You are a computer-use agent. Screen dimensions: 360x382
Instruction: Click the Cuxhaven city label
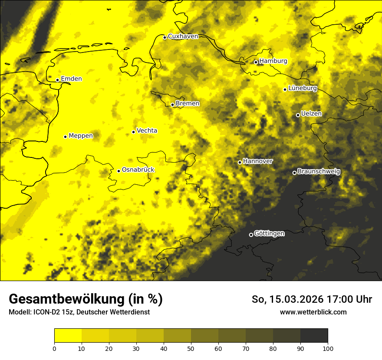tap(183, 36)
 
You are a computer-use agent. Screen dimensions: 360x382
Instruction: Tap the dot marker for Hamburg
tap(256, 62)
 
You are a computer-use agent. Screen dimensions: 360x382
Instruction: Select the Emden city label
tap(71, 79)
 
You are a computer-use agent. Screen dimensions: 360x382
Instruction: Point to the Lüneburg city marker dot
tap(285, 89)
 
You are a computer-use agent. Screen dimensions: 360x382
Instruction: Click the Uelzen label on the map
tap(311, 114)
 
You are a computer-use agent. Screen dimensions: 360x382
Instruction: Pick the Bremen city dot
tap(172, 105)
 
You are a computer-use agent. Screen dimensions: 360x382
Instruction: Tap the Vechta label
tap(147, 131)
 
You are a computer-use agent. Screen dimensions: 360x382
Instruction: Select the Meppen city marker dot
tap(65, 137)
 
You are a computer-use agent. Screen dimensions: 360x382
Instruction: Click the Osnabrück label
tap(138, 170)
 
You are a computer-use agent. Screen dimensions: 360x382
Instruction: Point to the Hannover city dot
tap(240, 162)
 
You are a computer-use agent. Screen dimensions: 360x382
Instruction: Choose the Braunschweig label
tap(319, 172)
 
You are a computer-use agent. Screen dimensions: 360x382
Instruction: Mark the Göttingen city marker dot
tap(251, 235)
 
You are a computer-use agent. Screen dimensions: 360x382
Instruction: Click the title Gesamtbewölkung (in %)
tap(86, 299)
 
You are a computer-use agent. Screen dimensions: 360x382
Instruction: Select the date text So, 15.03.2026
tap(289, 300)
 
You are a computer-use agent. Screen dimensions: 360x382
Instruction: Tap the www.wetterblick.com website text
tap(313, 312)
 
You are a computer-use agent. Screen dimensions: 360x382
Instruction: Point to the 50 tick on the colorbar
tap(191, 348)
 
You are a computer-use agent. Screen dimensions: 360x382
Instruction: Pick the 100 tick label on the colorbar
tap(328, 348)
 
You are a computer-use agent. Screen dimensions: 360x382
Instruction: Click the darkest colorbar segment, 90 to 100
tap(314, 336)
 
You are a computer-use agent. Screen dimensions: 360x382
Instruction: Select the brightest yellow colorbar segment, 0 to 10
tap(68, 336)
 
